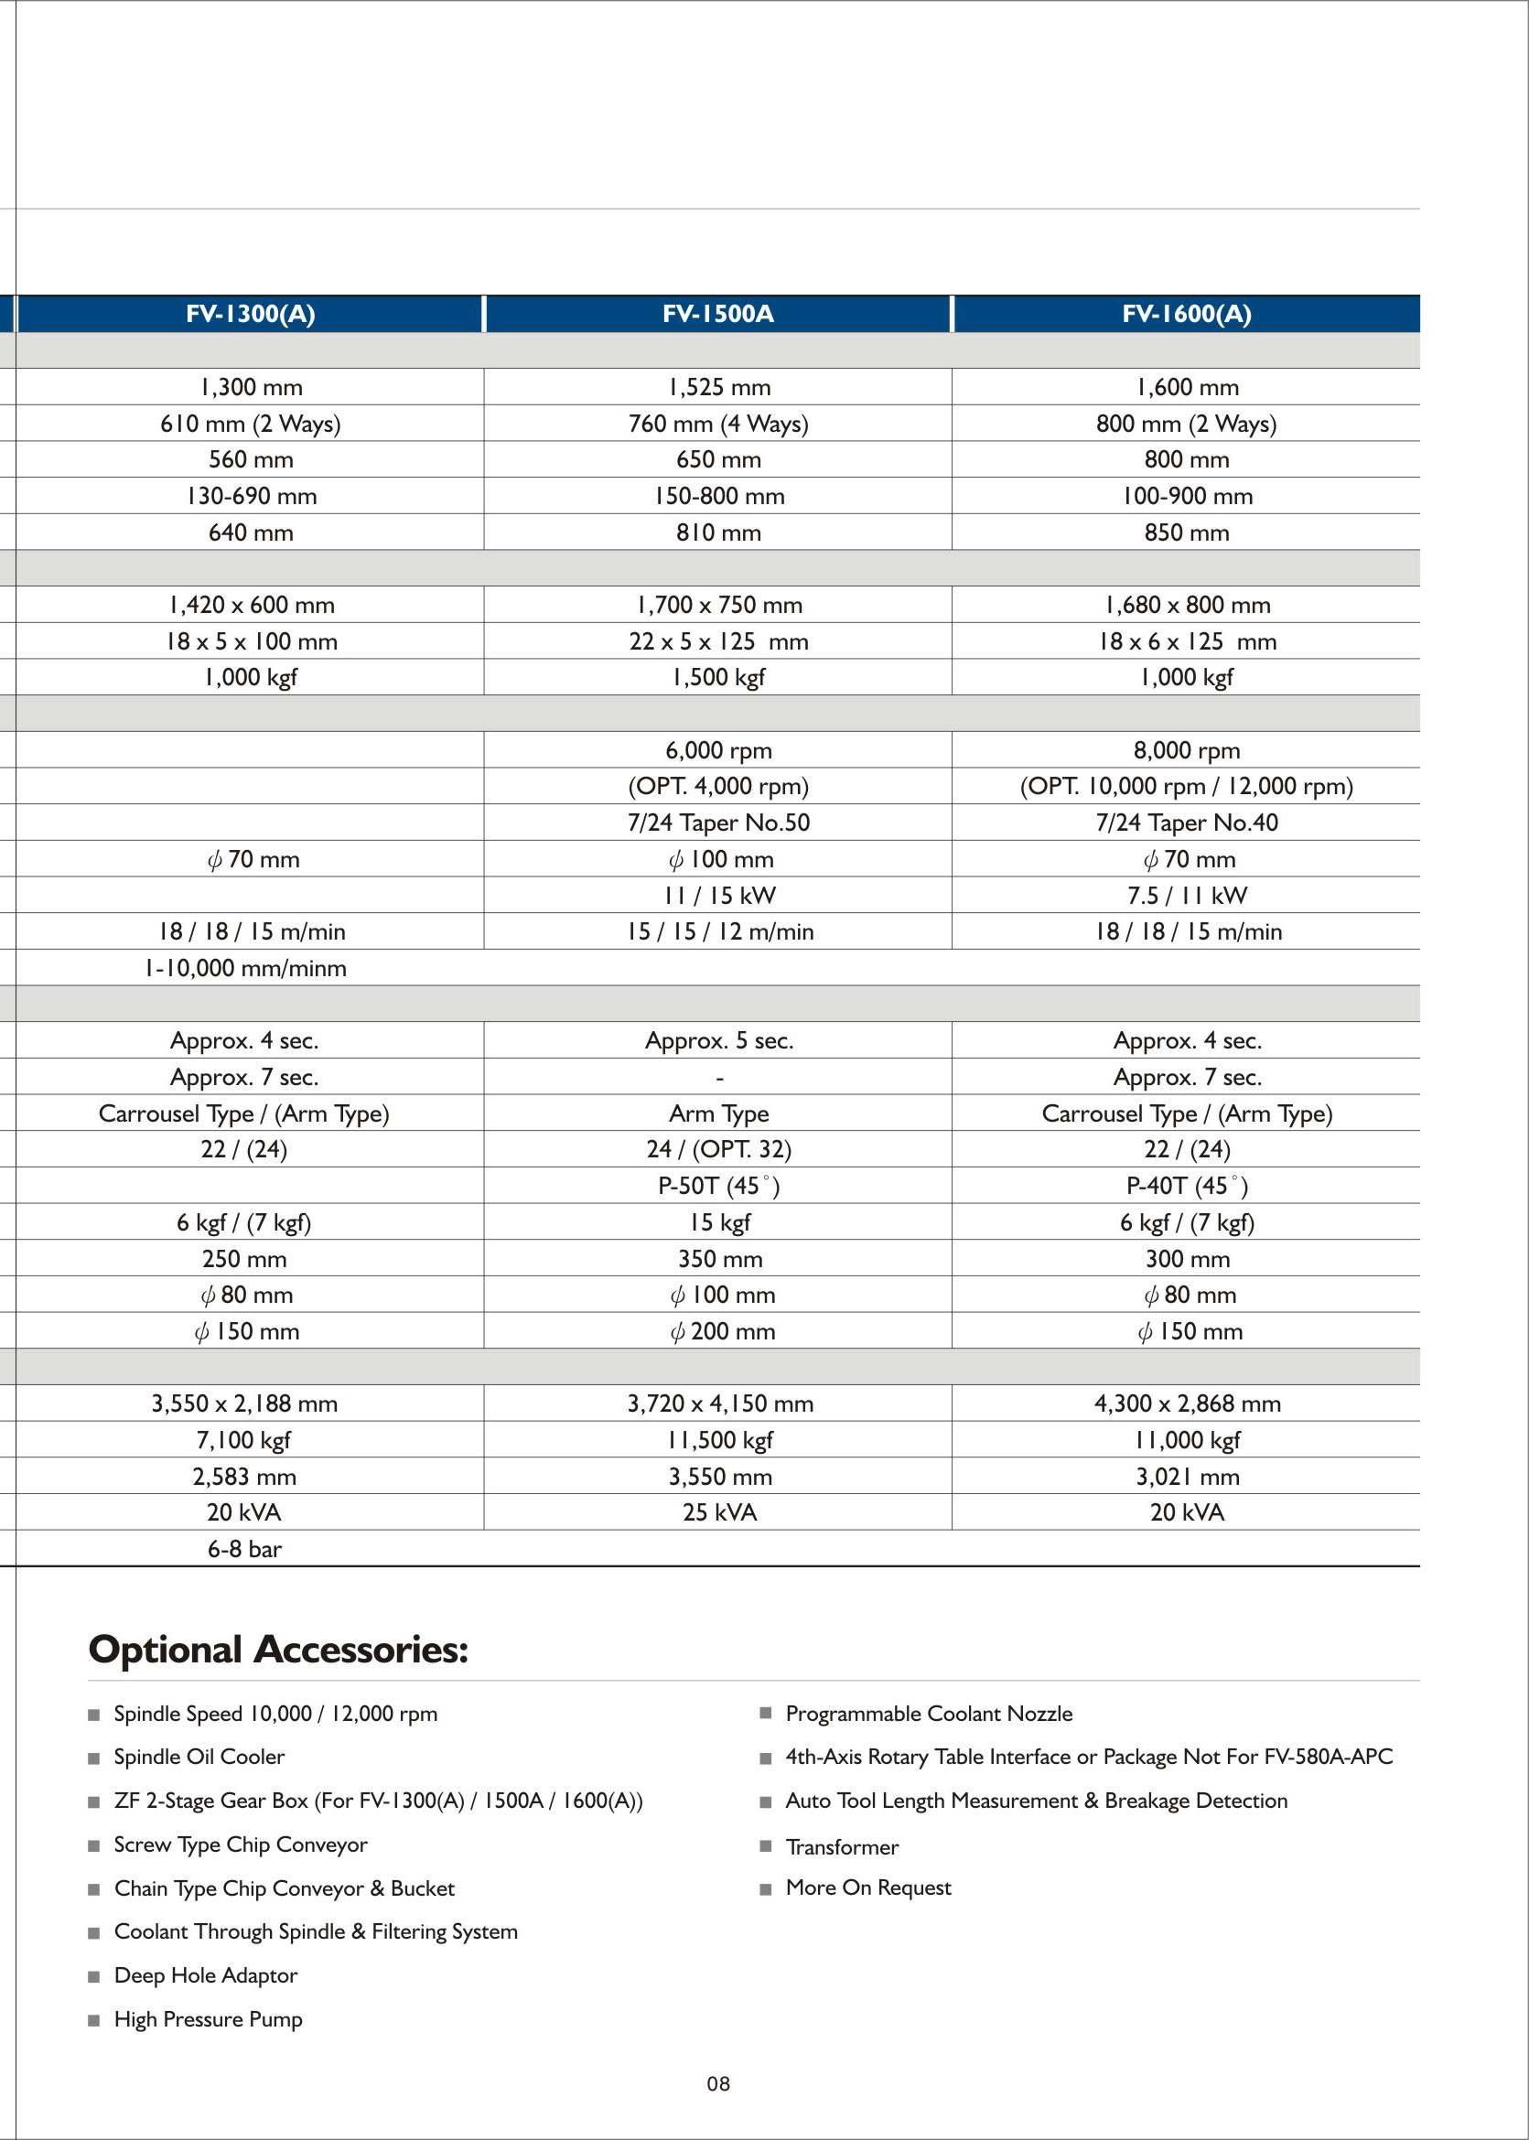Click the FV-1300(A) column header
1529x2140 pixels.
tap(251, 314)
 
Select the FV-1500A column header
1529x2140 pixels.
tap(717, 314)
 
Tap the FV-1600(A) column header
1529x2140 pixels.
tap(1186, 314)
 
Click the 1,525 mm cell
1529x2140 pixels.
tap(718, 387)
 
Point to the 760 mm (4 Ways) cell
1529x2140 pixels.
tap(718, 424)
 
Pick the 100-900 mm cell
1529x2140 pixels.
tap(1187, 496)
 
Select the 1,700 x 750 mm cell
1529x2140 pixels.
tap(719, 605)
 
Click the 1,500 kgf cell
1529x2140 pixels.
tap(718, 677)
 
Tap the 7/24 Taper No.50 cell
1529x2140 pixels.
tap(718, 823)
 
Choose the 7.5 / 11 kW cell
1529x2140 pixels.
tap(1187, 896)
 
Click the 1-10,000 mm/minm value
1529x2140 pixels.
tap(245, 968)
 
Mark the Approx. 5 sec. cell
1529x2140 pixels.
tap(719, 1040)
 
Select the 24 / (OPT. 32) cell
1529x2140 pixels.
tap(719, 1148)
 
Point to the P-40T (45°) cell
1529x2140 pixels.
tap(1187, 1186)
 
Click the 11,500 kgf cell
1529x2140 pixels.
tap(719, 1439)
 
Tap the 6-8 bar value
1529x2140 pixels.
tap(245, 1549)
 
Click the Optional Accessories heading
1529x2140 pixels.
tap(279, 1650)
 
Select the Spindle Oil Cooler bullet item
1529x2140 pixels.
tap(199, 1757)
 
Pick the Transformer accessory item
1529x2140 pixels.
tap(842, 1847)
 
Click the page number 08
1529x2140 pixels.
tap(718, 2084)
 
